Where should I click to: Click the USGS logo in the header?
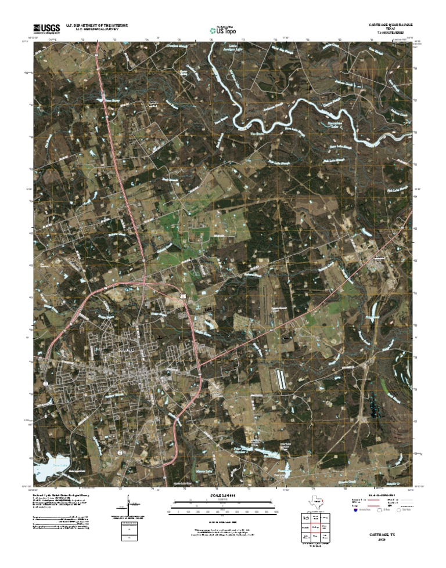(x=46, y=28)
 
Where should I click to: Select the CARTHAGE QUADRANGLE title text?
(x=391, y=26)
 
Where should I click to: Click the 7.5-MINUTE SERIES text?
(x=393, y=34)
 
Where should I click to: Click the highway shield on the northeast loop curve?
(x=182, y=296)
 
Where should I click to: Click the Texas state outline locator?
(x=314, y=503)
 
